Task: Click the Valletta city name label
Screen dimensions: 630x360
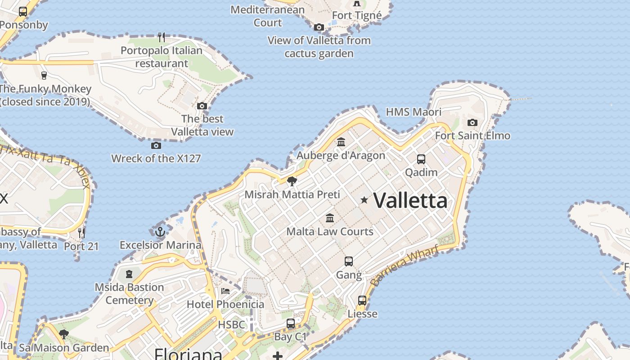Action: tap(410, 200)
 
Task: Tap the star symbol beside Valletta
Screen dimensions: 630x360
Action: tap(364, 200)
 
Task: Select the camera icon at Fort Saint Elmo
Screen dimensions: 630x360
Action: tap(472, 122)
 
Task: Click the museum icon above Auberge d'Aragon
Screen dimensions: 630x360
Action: tap(341, 142)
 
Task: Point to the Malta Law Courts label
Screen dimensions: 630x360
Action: tap(330, 232)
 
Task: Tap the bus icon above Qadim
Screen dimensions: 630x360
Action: tap(421, 159)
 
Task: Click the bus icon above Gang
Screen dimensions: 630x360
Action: tap(349, 261)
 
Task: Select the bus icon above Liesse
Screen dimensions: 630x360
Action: tap(362, 300)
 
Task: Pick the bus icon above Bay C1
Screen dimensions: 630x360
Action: tap(291, 324)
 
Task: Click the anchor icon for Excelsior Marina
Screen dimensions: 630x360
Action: tap(160, 232)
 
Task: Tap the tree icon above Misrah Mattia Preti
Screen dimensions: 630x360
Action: tap(292, 181)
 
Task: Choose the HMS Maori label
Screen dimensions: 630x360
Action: tap(414, 112)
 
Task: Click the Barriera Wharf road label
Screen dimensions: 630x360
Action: tap(405, 266)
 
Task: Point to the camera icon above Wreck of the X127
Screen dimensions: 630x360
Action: tap(156, 145)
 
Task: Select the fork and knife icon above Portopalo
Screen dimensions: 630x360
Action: tap(162, 37)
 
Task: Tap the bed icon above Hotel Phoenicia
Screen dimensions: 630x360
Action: tap(225, 291)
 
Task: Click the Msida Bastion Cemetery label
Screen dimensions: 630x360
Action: tap(129, 293)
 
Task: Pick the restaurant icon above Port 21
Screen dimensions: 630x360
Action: tap(81, 233)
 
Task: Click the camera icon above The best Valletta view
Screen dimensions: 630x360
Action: tap(202, 106)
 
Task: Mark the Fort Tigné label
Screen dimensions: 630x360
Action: tap(356, 16)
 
